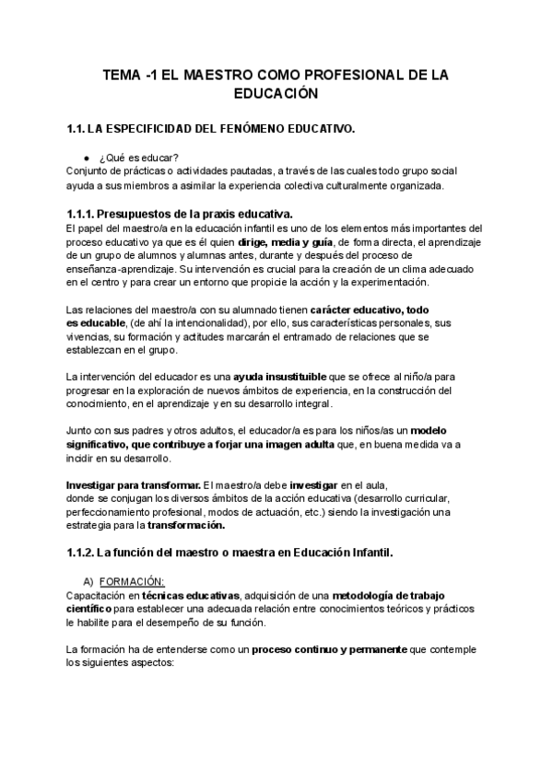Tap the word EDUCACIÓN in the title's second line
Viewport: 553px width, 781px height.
pos(276,94)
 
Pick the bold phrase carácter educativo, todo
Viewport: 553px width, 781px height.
pos(370,309)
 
